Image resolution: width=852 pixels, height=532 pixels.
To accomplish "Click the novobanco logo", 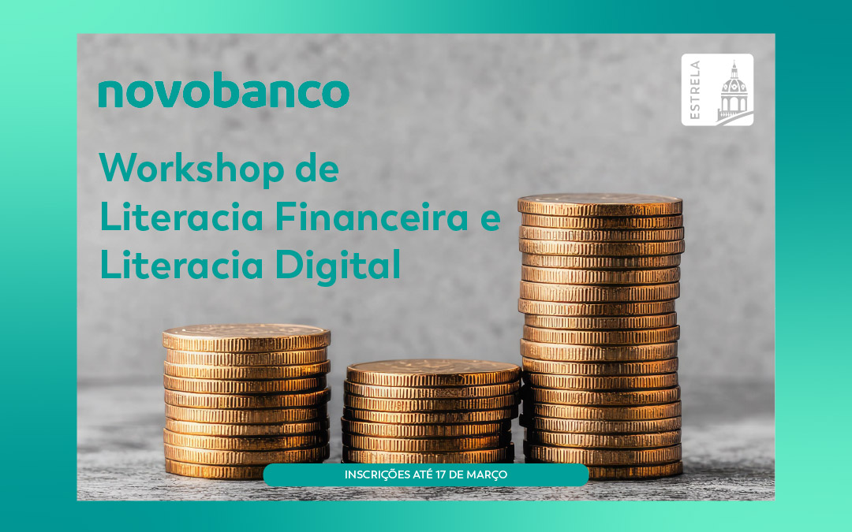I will point(223,92).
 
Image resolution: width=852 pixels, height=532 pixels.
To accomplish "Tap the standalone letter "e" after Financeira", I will point(491,221).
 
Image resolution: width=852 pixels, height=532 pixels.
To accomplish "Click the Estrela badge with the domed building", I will point(717,90).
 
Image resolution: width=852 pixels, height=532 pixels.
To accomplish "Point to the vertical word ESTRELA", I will point(695,90).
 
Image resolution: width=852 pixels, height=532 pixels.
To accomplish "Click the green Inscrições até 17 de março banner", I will point(426,474).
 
